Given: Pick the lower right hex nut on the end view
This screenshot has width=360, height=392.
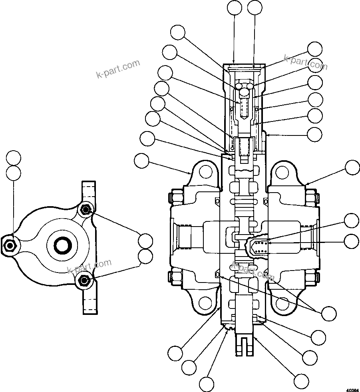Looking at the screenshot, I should (x=84, y=281).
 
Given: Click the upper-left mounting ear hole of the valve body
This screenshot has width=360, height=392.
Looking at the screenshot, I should (x=206, y=172).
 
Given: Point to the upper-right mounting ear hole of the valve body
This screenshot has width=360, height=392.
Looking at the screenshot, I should (x=282, y=173).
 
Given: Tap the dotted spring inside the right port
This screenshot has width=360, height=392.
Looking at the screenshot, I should (x=261, y=247).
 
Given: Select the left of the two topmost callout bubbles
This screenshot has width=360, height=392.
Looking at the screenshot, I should (x=234, y=8).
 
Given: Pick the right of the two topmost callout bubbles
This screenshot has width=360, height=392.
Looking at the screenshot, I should (x=255, y=8).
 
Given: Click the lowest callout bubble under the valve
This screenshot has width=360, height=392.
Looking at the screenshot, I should (x=207, y=384).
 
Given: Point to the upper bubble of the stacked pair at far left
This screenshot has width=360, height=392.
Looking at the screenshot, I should (x=14, y=158).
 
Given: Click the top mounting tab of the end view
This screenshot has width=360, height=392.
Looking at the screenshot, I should (x=89, y=191).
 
